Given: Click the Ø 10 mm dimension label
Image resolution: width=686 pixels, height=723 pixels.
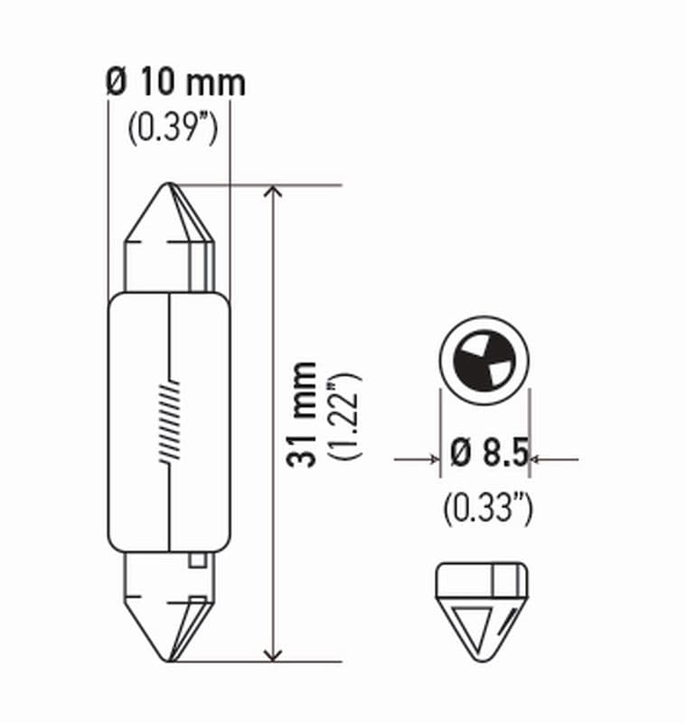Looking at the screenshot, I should [175, 84].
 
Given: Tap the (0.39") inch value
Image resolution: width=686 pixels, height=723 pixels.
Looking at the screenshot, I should [172, 130].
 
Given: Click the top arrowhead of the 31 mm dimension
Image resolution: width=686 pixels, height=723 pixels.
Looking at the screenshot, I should [272, 192].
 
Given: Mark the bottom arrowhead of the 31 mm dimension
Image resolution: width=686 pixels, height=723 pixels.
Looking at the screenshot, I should [272, 653].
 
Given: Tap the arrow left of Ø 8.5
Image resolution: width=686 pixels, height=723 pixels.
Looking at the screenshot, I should [431, 460].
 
